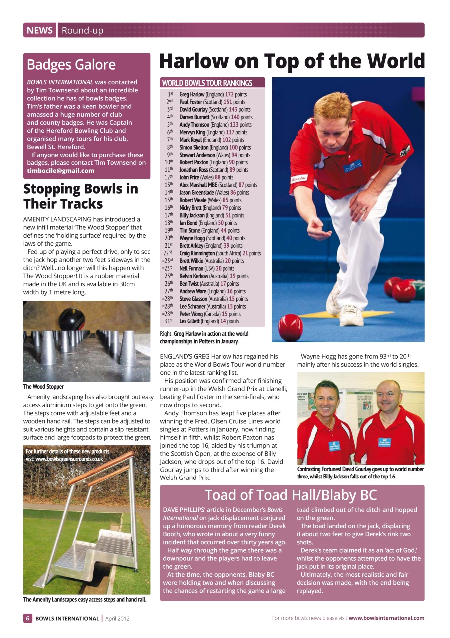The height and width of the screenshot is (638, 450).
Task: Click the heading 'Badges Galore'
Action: [x=71, y=65]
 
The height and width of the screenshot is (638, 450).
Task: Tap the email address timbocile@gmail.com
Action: [x=60, y=171]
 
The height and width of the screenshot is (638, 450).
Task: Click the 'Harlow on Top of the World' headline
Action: [x=292, y=62]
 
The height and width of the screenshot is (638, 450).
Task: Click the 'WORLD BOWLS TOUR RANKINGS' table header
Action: [x=207, y=83]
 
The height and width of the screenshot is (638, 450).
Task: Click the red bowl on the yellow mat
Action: [x=291, y=327]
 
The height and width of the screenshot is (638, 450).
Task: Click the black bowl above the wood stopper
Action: [x=72, y=319]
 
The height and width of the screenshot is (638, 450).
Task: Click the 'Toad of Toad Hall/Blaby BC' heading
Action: [x=291, y=495]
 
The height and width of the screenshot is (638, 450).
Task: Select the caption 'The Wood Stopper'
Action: [x=43, y=386]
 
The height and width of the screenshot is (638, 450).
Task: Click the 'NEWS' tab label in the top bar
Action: [x=40, y=30]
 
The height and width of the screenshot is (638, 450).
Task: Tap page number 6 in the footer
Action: [x=28, y=618]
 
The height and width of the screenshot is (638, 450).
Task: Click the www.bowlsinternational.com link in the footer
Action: [x=386, y=618]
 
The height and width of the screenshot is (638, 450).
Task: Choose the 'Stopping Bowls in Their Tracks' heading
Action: [x=80, y=196]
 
